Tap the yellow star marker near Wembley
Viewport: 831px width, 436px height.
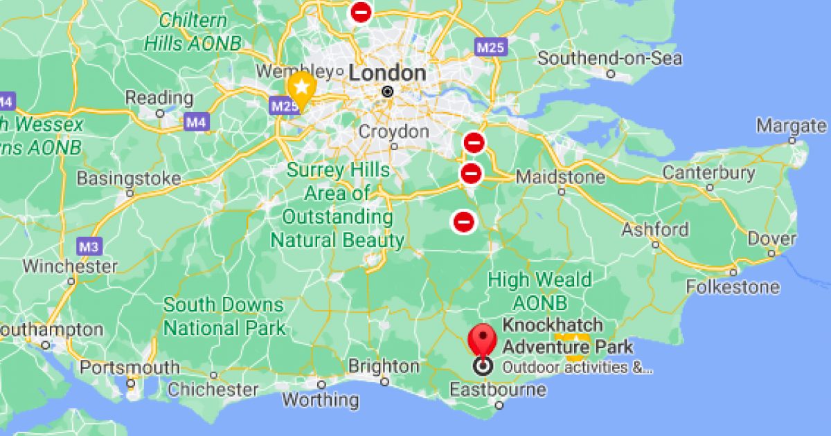pyautogui.click(x=301, y=87)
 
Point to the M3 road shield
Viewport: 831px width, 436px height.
pyautogui.click(x=88, y=246)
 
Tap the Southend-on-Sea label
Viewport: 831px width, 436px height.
pyautogui.click(x=609, y=59)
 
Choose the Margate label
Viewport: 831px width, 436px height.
pyautogui.click(x=791, y=126)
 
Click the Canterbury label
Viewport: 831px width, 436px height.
pyautogui.click(x=708, y=172)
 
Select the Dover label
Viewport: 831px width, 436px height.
pyautogui.click(x=771, y=239)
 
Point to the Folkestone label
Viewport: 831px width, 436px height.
pyautogui.click(x=733, y=287)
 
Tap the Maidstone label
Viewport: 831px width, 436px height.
pyautogui.click(x=560, y=177)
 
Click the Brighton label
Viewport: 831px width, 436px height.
pyautogui.click(x=384, y=366)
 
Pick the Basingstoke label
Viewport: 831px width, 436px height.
pyautogui.click(x=129, y=179)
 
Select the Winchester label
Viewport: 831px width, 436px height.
pyautogui.click(x=70, y=266)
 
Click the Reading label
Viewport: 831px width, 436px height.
pyautogui.click(x=159, y=98)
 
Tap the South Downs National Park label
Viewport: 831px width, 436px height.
pyautogui.click(x=224, y=316)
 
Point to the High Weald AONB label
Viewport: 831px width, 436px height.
pyautogui.click(x=539, y=291)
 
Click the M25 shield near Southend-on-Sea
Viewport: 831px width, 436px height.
pyautogui.click(x=491, y=47)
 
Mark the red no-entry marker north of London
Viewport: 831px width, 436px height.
pyautogui.click(x=361, y=12)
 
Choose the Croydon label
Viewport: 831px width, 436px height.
pyautogui.click(x=393, y=131)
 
